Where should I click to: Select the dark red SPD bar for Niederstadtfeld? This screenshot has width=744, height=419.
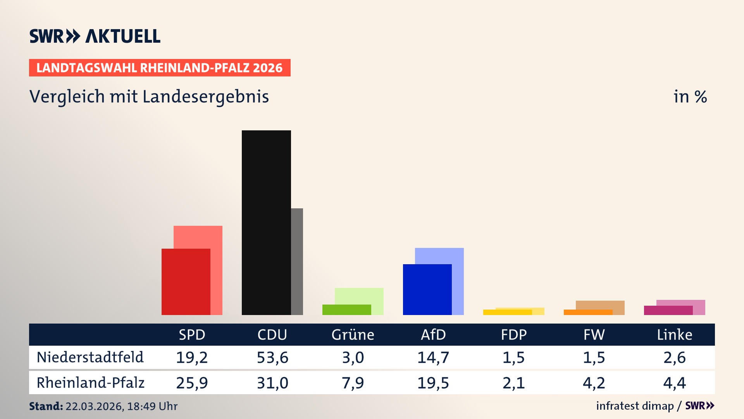[x=186, y=282]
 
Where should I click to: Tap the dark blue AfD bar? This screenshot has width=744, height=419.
[x=427, y=289]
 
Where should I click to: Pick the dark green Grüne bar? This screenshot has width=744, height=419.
[x=346, y=310]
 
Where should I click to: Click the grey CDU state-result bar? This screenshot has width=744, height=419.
[x=297, y=261]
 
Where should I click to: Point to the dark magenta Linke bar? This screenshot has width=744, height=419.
[x=668, y=310]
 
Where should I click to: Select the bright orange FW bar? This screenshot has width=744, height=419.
[x=588, y=312]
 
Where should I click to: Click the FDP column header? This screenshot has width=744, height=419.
[x=513, y=335]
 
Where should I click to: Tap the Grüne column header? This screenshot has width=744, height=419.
[x=353, y=335]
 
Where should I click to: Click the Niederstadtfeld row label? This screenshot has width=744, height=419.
[x=90, y=357]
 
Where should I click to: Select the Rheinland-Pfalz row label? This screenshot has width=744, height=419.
[x=90, y=383]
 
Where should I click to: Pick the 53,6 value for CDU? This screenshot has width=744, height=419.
[x=272, y=357]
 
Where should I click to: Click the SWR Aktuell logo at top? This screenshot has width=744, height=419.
[x=95, y=36]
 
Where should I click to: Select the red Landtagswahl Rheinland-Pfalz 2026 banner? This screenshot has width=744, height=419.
[x=159, y=68]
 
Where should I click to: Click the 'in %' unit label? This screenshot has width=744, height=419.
[x=690, y=97]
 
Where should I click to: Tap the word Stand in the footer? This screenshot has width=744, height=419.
[x=46, y=406]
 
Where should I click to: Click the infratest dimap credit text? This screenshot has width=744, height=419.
[x=634, y=406]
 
